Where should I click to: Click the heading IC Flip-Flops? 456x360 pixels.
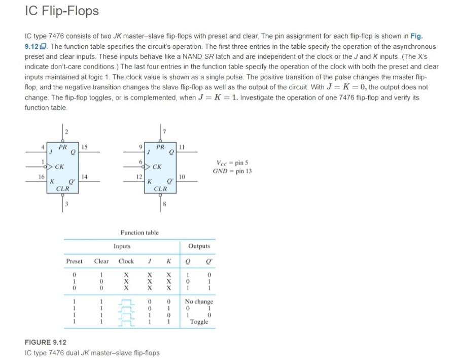(61, 11)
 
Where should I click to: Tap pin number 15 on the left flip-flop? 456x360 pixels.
(85, 147)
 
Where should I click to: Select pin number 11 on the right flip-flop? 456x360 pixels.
(183, 147)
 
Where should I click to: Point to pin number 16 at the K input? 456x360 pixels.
(41, 176)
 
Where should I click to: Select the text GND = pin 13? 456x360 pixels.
(232, 171)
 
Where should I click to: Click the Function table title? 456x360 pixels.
(139, 233)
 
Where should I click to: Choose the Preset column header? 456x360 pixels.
(74, 261)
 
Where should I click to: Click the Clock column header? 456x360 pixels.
(126, 261)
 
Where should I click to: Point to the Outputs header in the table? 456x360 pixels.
(199, 246)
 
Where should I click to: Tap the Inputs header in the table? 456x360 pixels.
(122, 246)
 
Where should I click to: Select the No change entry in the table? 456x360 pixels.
(199, 301)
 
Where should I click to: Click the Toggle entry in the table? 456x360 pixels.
(199, 322)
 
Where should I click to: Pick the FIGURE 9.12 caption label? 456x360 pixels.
(46, 342)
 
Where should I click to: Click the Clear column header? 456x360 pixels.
(101, 261)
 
